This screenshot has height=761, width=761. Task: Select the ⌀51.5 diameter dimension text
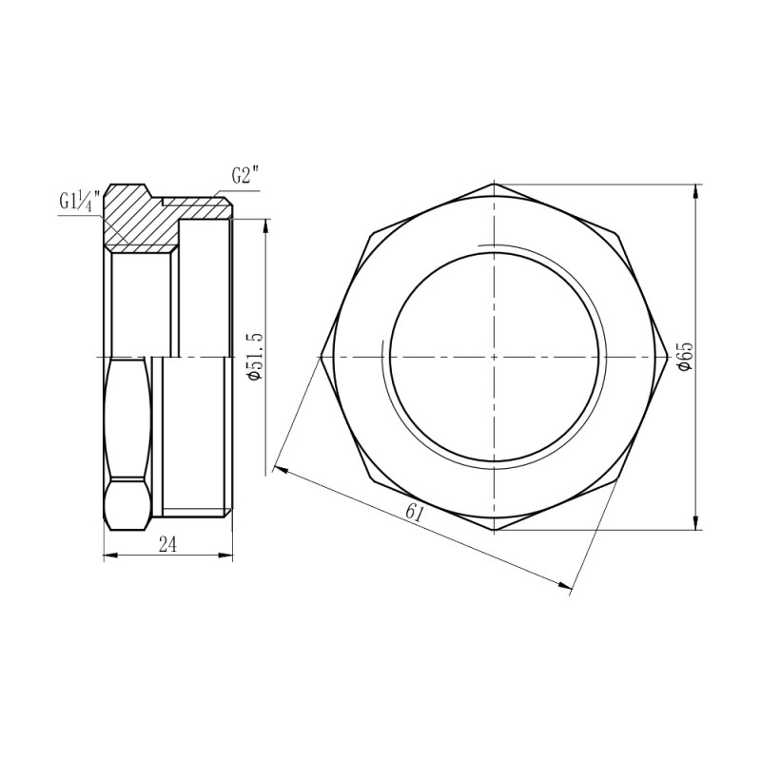coord(253,357)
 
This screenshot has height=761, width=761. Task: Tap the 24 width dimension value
coord(167,543)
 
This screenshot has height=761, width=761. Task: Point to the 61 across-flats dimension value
coord(414,513)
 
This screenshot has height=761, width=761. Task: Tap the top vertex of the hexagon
coord(494,184)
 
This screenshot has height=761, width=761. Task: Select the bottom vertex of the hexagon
coord(494,531)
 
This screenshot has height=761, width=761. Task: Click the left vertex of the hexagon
coord(321,357)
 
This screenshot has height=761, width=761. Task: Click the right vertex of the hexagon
coord(667,357)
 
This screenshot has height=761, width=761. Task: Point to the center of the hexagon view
coord(494,357)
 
